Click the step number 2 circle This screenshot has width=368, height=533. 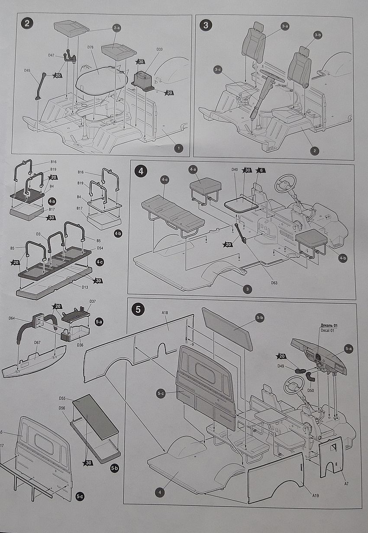coord(27,23)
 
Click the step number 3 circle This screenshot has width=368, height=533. coord(205,25)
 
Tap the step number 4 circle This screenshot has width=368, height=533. coord(140,171)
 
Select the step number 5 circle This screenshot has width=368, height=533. coord(138,309)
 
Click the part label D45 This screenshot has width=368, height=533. coord(27,71)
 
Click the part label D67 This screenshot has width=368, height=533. coord(37,343)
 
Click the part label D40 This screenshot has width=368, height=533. coord(235,170)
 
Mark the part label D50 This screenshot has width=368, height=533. coord(310,391)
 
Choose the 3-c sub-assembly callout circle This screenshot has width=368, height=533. coord(217,70)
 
